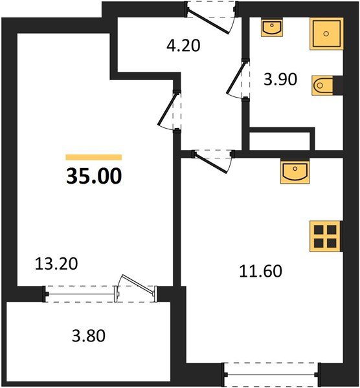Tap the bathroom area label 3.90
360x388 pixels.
click(279, 81)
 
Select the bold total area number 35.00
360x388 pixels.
click(93, 176)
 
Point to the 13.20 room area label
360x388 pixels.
click(57, 263)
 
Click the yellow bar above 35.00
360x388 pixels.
click(93, 156)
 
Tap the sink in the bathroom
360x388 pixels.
click(270, 28)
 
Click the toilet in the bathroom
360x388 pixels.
click(323, 85)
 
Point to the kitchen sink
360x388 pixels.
click(295, 172)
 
